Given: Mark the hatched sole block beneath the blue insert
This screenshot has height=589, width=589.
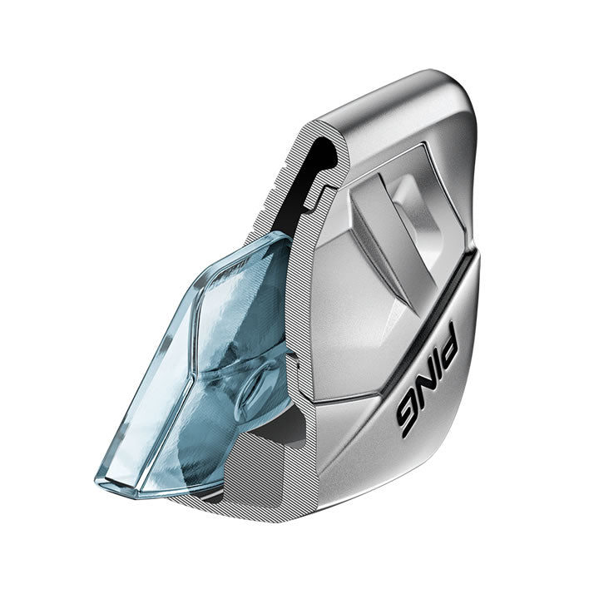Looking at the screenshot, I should [x=250, y=474].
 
